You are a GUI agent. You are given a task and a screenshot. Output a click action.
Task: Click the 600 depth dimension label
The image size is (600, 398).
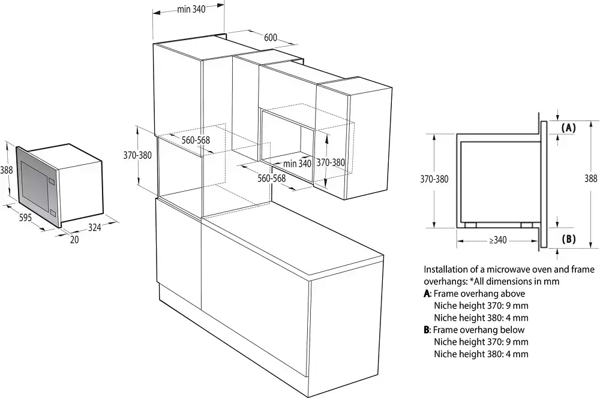pos(271,38)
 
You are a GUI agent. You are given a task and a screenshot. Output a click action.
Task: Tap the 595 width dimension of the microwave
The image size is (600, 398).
pos(25,218)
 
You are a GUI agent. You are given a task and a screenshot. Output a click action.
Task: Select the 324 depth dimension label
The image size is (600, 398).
pos(95,227)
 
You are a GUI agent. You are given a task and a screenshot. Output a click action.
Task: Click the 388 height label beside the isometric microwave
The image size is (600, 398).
pos(7,170)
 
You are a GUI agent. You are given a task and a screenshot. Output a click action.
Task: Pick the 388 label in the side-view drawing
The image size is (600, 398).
pos(591,178)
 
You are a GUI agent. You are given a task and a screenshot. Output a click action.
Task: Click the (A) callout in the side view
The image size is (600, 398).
pos(569,128)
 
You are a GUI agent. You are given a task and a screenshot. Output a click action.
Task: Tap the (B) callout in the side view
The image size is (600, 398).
pos(569,239)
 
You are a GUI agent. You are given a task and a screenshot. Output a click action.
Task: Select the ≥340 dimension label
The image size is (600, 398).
pos(497,240)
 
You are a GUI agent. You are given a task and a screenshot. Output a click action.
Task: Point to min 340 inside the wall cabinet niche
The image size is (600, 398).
pos(297,163)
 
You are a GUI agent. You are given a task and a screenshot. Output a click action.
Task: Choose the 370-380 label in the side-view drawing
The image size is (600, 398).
pos(434,179)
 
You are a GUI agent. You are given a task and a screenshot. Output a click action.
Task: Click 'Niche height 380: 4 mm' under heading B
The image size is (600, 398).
pos(481,354)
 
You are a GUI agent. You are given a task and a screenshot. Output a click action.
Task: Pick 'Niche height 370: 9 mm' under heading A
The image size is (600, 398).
pos(481,306)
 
